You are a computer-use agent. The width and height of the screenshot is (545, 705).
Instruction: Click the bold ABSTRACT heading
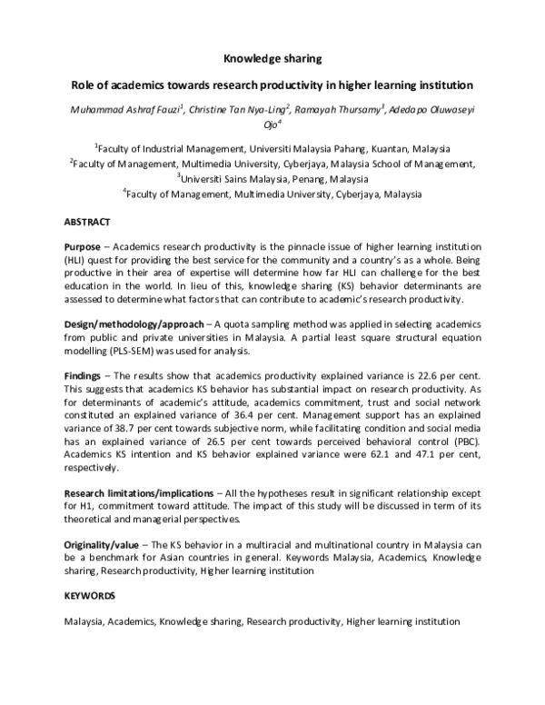pos(87,222)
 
